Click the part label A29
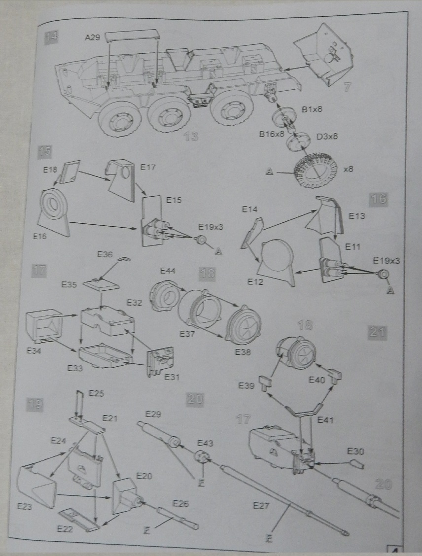point(92,37)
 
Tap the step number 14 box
point(51,36)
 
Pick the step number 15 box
point(44,152)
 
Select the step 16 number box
point(378,199)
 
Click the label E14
point(250,210)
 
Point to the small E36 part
point(124,258)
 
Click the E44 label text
point(168,271)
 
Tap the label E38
point(243,352)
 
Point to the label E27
point(260,506)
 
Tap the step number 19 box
point(34,405)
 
